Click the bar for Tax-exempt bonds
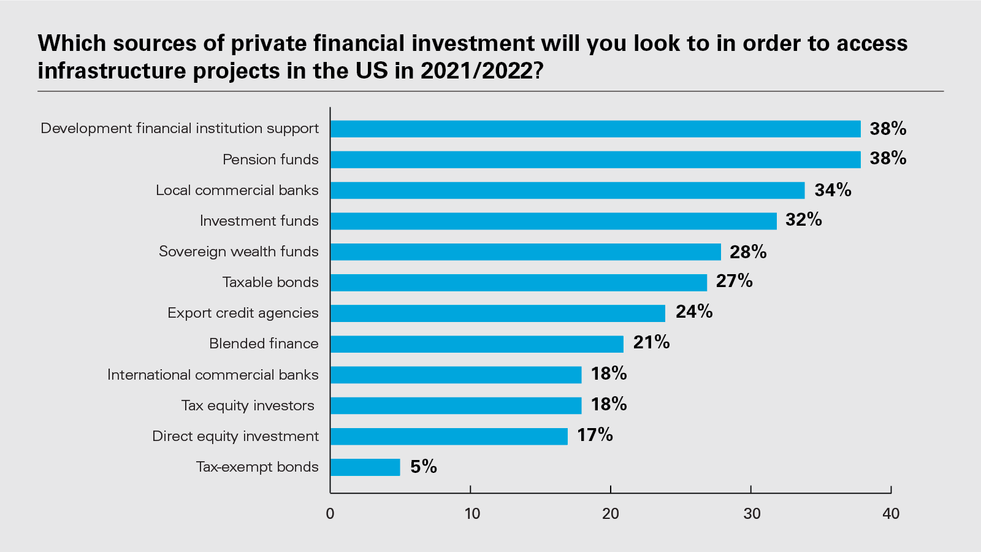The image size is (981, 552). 365,467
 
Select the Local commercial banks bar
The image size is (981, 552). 567,190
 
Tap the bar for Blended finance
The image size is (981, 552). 477,344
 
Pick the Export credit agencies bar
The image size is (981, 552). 498,313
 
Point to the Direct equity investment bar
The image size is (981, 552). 449,436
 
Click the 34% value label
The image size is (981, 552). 833,190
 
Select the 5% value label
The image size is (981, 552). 423,467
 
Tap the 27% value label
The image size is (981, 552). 734,281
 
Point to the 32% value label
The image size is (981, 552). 803,220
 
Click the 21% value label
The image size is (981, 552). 651,342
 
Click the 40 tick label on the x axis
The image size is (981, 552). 891,513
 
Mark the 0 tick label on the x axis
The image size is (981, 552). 330,513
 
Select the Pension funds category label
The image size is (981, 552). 270,159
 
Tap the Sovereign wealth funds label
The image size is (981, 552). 239,251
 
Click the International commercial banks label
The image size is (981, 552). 213,375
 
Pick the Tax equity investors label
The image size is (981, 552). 248,405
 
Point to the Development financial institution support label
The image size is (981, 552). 180,128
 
